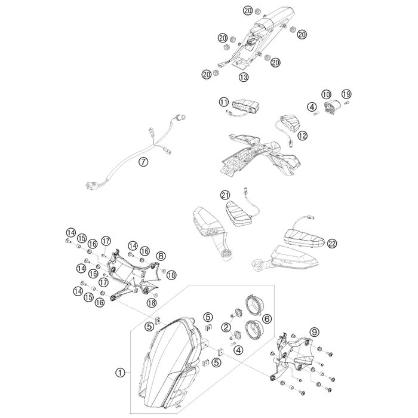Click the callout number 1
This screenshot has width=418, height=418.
pos(120,373)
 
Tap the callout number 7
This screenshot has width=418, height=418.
pos(143,162)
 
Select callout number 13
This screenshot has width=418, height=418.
pos(244,77)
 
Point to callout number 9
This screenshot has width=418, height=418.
pos(314,332)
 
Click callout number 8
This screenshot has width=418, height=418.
pos(161,256)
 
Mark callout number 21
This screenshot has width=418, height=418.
pos(225,195)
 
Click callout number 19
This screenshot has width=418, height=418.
pos(346,94)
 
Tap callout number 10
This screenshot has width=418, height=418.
pos(326,94)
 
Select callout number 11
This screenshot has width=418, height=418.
pos(224,102)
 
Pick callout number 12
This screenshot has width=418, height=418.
pos(303,136)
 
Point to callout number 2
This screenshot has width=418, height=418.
pos(226,327)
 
